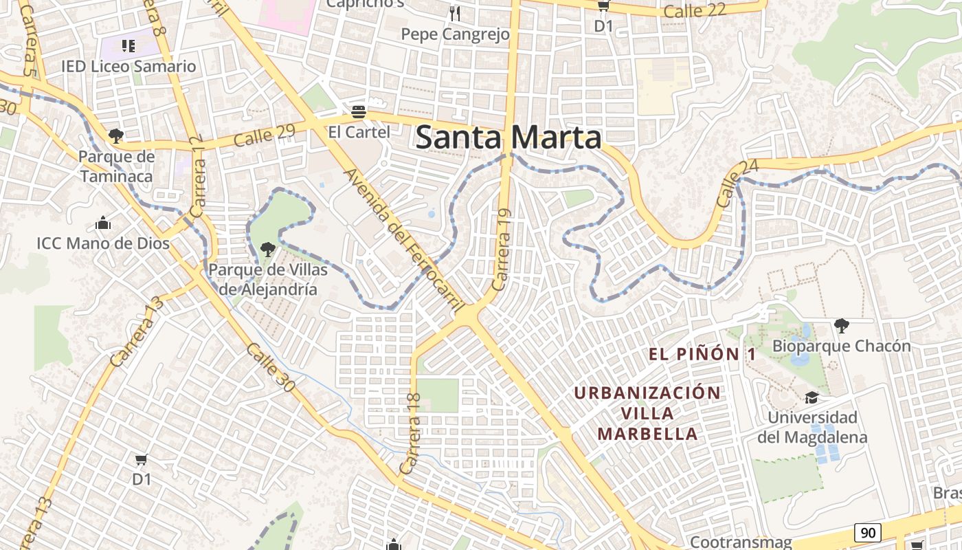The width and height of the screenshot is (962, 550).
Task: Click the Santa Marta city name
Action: pos(508,137)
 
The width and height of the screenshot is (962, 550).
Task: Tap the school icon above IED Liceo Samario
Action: pos(128,46)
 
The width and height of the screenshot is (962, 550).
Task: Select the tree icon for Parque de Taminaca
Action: pos(116,135)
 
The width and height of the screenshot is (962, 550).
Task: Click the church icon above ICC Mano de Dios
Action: pos(104,223)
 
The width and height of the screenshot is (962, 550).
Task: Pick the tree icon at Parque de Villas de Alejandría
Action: pos(268,250)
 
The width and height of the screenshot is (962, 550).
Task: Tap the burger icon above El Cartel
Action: pos(359,111)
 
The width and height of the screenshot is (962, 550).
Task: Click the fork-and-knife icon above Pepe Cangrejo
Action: pos(455,13)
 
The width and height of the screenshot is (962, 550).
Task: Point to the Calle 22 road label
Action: pos(695,10)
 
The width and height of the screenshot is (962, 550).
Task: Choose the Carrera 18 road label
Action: pos(412,433)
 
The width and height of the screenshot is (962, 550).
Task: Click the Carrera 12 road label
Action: pos(199,179)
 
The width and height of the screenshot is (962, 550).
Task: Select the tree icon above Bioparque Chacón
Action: pos(841,325)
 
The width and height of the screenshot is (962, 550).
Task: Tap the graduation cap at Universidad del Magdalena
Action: pos(812,398)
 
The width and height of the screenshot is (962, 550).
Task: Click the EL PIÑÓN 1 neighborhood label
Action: pos(702,355)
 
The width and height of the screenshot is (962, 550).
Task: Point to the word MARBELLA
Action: pos(647,434)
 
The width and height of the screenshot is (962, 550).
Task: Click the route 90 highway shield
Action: pos(868,532)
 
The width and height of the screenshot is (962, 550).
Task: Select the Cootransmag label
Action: pos(741,542)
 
